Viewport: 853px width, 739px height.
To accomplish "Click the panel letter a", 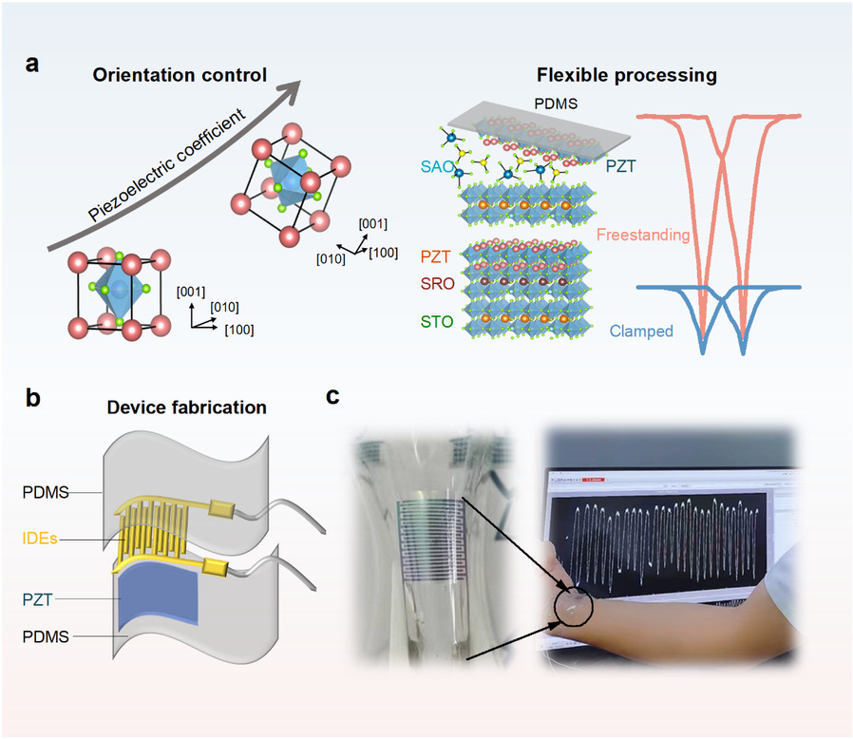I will click(32, 66).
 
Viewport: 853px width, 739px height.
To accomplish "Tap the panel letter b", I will click(32, 399).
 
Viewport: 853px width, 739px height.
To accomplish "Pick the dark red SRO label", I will click(434, 284).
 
